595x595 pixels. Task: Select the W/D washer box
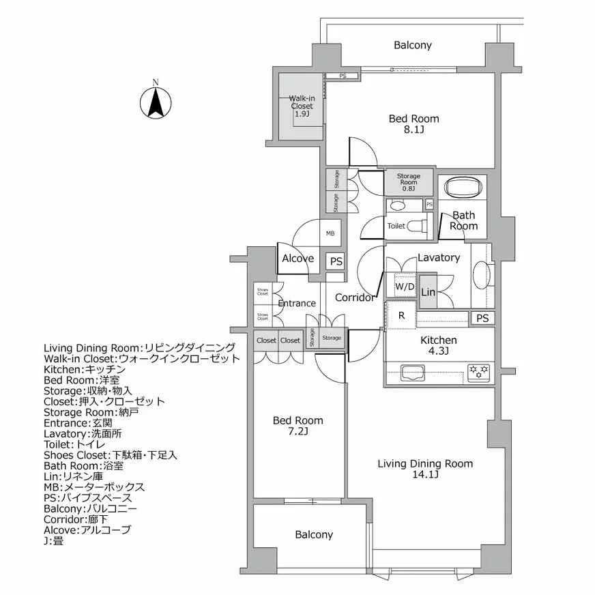405,287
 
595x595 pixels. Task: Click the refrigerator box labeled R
402,315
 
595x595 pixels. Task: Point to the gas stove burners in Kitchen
478,371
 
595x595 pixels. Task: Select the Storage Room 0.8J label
409,182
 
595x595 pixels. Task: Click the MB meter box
330,233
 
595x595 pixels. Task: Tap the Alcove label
298,259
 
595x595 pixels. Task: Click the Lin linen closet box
428,292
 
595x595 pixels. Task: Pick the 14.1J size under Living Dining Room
425,475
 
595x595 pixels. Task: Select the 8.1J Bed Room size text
413,130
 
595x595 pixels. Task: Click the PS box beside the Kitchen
482,319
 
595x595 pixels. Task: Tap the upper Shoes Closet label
263,291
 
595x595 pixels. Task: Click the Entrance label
297,304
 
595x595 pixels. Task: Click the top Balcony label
413,45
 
